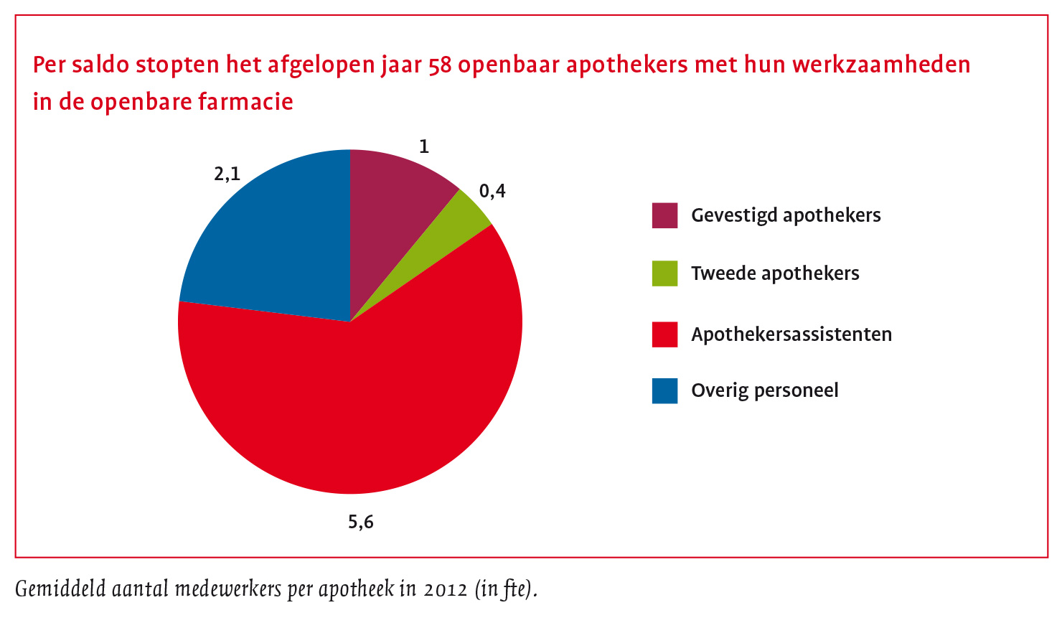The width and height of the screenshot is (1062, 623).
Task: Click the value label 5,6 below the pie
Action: (361, 522)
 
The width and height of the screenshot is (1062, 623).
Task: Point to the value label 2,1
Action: (227, 174)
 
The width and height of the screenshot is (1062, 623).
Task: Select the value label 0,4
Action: (492, 191)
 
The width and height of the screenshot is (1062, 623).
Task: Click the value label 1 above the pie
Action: (424, 147)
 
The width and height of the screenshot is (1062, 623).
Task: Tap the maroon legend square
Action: (664, 215)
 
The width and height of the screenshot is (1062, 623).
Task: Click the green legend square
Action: (664, 273)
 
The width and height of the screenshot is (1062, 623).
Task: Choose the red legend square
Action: (664, 334)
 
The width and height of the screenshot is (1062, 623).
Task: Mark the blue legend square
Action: (664, 390)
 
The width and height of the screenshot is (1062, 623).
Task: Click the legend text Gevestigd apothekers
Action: (786, 215)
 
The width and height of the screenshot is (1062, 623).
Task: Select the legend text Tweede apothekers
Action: (775, 273)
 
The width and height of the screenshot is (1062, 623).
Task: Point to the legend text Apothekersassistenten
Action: (791, 334)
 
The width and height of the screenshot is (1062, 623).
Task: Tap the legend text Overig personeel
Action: (765, 390)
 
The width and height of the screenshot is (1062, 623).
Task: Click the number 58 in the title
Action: (439, 65)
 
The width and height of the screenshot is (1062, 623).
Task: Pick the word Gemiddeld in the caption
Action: (60, 589)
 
